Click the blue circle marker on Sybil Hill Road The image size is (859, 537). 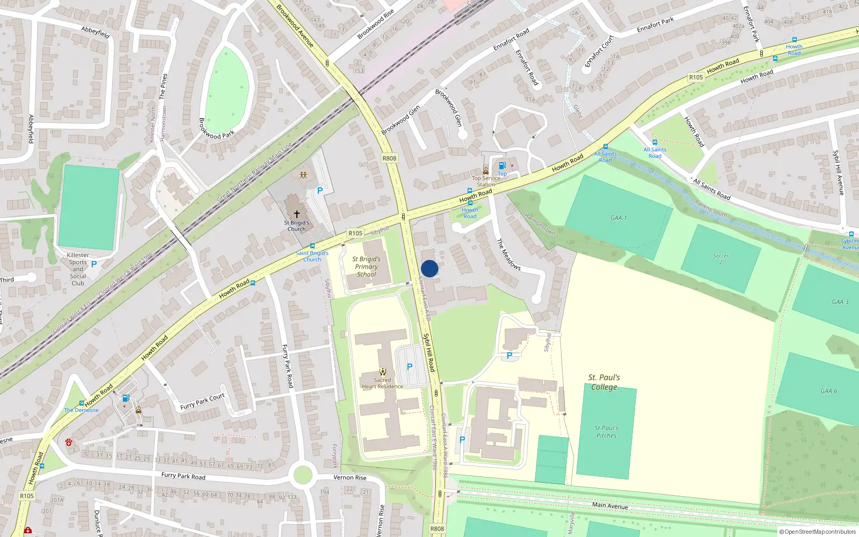coord(429,268)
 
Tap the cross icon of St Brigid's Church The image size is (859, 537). coord(296,214)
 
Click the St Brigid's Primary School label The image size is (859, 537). coord(367,266)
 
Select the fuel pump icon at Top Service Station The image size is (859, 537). coord(502,166)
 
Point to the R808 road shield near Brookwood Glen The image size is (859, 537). coord(389,158)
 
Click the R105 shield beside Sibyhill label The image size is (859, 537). coord(355,233)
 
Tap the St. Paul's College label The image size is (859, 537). coord(604,382)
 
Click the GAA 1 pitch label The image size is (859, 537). coord(618,217)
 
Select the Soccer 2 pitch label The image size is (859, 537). coord(720,258)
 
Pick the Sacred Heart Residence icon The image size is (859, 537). coord(382,371)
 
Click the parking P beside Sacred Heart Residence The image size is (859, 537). coord(410,366)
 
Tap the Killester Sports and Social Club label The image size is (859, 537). coord(78,269)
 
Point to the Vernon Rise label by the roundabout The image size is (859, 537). coord(350,477)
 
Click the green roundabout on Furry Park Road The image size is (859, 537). coord(303,475)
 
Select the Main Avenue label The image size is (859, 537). coord(610,505)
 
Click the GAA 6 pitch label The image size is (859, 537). coord(828,391)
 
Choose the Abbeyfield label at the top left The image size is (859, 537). coord(96,32)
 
